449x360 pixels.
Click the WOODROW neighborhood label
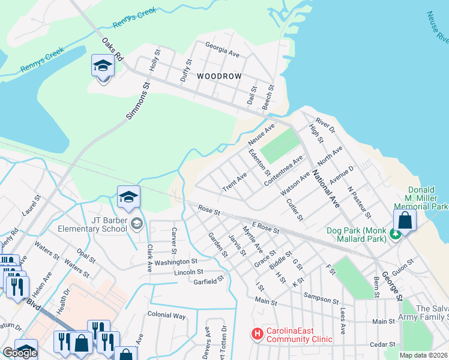219,77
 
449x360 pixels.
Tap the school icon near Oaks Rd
103,65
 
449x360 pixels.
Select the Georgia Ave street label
222,50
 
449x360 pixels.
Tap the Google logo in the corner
20,353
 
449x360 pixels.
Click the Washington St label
176,262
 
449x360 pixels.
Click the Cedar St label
383,344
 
